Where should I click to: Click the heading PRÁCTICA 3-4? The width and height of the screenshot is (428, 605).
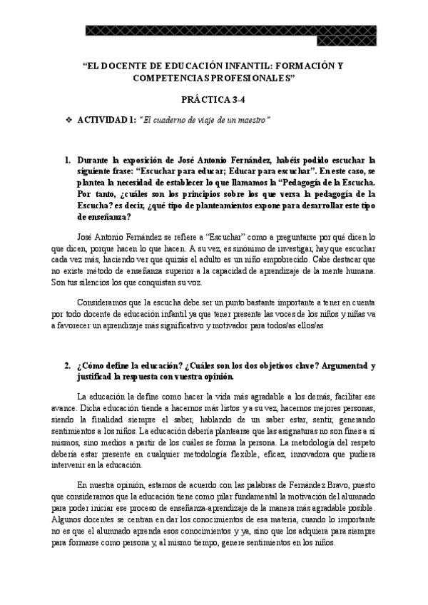[x=213, y=102]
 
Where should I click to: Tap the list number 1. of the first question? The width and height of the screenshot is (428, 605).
[x=68, y=162]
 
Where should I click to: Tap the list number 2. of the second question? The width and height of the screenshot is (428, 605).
[x=68, y=365]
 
